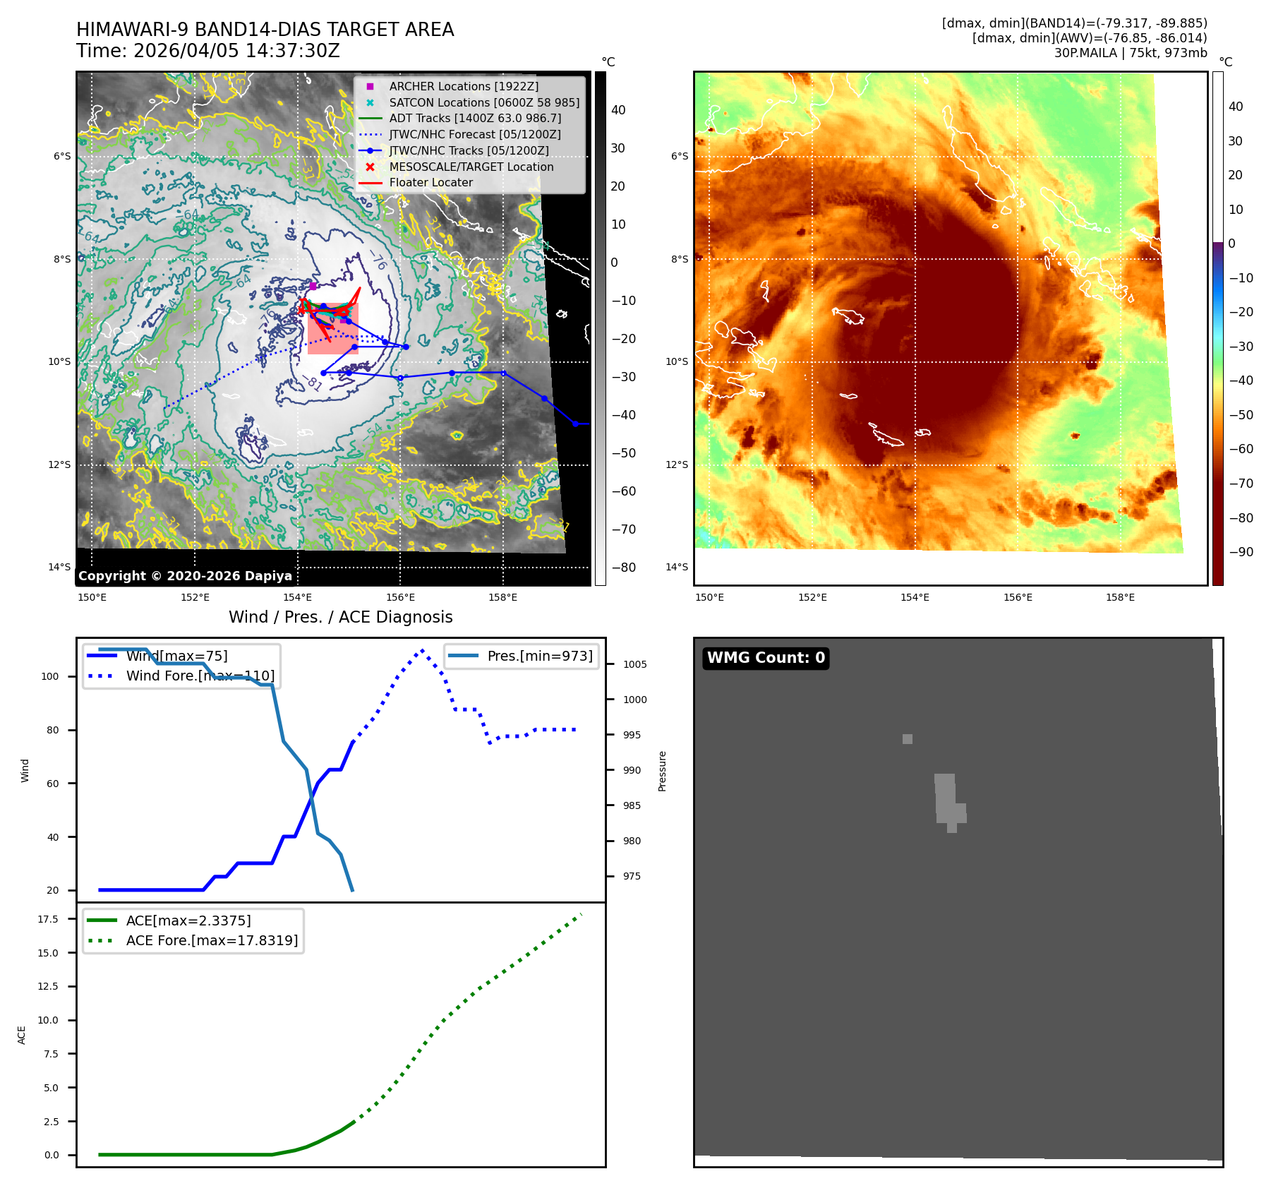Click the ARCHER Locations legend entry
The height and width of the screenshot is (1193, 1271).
pos(463,86)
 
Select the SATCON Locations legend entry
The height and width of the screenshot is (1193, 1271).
pos(484,102)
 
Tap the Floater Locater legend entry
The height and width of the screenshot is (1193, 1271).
pos(430,182)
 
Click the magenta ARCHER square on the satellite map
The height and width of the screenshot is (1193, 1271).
pos(313,286)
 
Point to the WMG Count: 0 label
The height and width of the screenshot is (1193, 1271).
pos(766,658)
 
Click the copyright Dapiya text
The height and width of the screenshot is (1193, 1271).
pos(185,576)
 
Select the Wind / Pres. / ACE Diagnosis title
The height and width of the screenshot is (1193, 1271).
pos(340,617)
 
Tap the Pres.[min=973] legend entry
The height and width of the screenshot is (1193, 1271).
pos(540,656)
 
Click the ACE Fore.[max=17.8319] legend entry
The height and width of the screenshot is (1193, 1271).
pos(212,940)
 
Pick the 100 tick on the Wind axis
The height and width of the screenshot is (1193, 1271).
pos(50,676)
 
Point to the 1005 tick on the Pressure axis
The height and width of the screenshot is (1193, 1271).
pos(635,664)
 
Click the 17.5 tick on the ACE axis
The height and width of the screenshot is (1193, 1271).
pos(48,919)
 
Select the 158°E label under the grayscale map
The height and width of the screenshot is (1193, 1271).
pos(502,598)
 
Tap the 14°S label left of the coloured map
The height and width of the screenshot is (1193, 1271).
pos(676,567)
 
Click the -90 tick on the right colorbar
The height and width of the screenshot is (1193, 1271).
pos(1241,552)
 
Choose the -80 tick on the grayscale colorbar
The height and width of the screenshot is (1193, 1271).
pos(623,568)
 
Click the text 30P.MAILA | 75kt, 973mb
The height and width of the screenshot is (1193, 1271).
pos(1131,53)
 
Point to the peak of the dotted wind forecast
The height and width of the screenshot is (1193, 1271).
pos(422,650)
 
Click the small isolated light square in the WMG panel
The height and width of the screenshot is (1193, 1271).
pos(907,739)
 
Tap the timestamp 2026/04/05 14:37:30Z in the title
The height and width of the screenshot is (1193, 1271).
pos(236,52)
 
